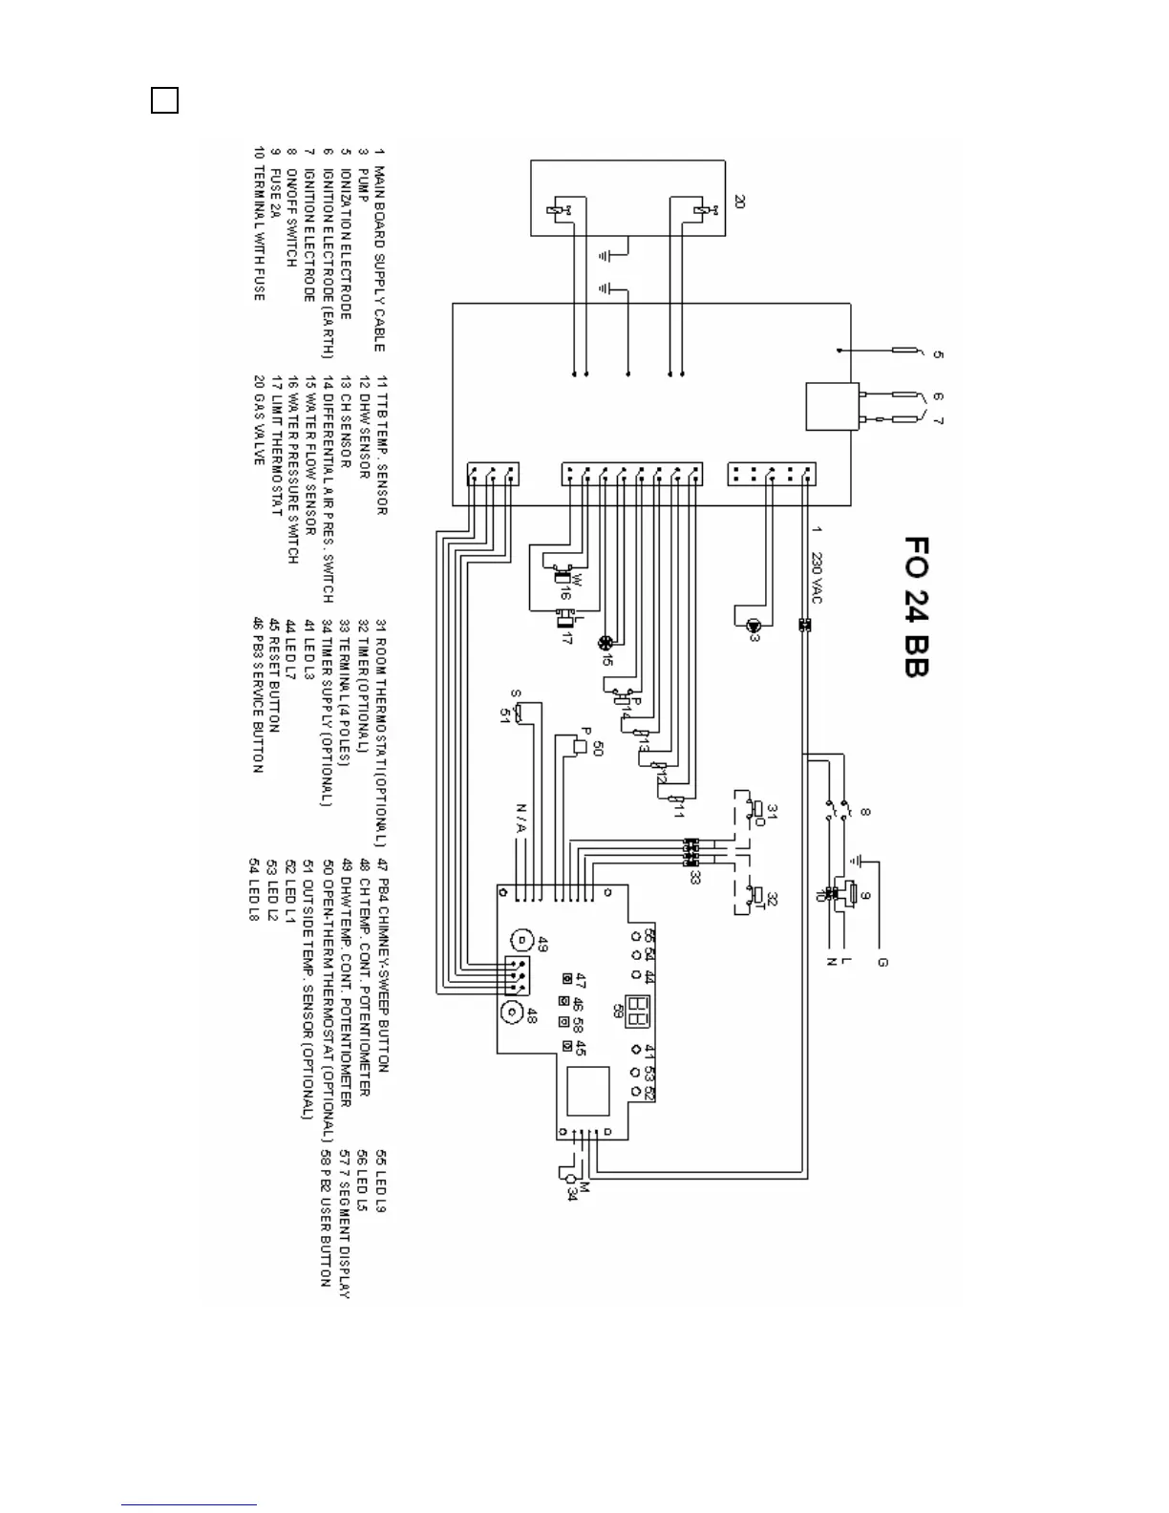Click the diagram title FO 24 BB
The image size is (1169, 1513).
(915, 607)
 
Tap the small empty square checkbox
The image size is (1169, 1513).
(164, 100)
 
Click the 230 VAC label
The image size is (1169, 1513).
(818, 574)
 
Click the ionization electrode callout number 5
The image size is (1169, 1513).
(938, 354)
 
